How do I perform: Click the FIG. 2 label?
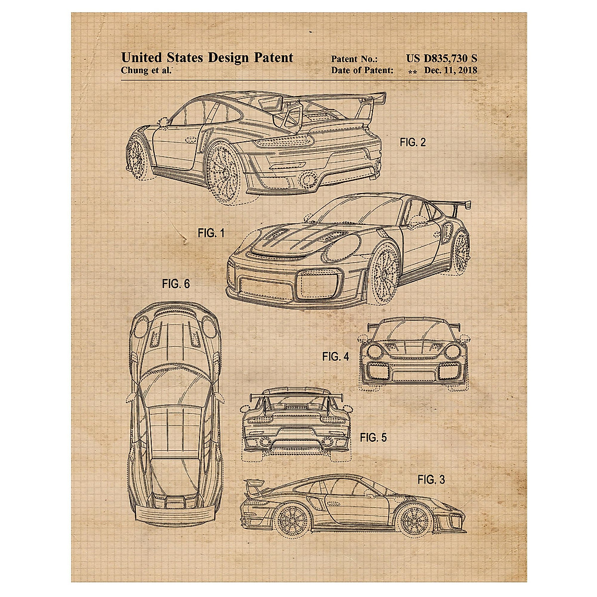(412, 143)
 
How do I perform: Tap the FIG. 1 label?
(211, 233)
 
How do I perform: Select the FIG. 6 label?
(176, 284)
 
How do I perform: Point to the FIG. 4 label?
(335, 356)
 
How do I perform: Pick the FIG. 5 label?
(373, 437)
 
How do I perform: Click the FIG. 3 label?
(431, 480)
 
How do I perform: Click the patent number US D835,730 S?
(441, 59)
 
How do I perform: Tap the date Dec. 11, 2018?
(450, 71)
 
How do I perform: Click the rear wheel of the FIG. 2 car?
(222, 172)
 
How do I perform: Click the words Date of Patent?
(362, 71)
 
